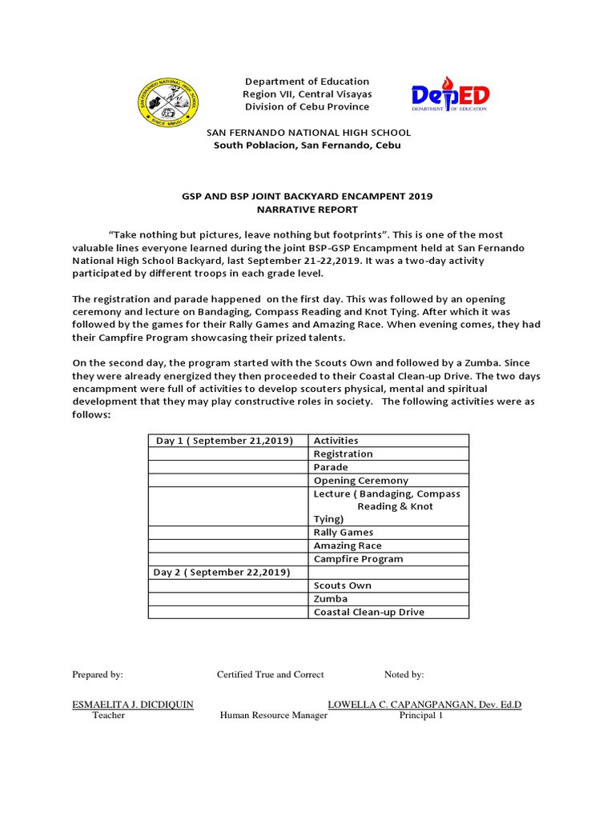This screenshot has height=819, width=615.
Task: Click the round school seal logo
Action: click(x=169, y=102)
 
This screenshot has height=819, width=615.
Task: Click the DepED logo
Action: click(x=450, y=96)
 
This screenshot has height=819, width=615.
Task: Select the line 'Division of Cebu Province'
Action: click(x=307, y=106)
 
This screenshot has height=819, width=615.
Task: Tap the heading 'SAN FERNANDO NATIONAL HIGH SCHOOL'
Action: click(x=308, y=133)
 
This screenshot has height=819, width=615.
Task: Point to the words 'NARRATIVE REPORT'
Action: click(x=307, y=210)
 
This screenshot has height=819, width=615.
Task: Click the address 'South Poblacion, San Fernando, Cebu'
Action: click(x=307, y=146)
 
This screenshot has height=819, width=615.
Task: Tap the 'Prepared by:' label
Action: click(x=98, y=675)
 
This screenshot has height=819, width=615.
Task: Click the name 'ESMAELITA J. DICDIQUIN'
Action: click(x=133, y=705)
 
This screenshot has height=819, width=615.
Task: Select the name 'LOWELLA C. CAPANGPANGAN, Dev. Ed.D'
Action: click(x=424, y=705)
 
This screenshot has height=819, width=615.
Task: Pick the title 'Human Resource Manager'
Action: click(x=274, y=716)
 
